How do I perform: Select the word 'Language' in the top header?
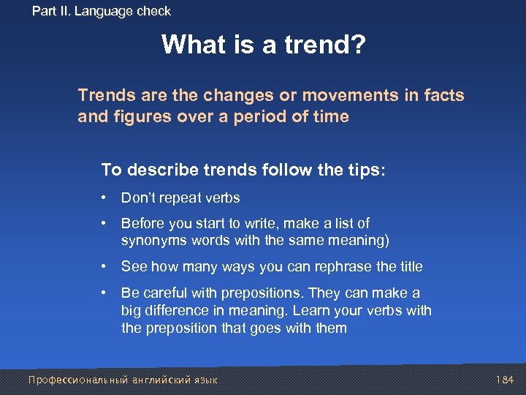[107, 11]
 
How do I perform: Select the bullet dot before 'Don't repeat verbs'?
[107, 198]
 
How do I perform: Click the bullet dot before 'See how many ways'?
[107, 267]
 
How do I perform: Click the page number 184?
[506, 380]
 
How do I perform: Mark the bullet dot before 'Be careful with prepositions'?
[107, 293]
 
